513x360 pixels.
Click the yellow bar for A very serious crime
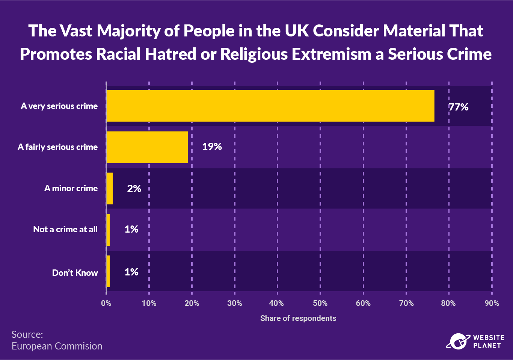click(270, 106)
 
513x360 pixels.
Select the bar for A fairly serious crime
click(147, 147)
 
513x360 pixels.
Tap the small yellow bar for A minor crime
click(110, 188)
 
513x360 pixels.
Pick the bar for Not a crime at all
click(108, 230)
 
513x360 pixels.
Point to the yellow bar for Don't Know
click(108, 271)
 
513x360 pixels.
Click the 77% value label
click(459, 107)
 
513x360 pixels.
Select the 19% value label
click(212, 147)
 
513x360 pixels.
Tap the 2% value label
click(134, 189)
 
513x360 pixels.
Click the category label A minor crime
click(71, 188)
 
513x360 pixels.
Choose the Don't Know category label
click(75, 273)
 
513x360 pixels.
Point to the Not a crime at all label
click(65, 229)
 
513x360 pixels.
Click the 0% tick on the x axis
click(106, 303)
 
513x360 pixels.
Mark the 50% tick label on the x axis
click(320, 303)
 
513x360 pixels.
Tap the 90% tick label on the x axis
click(492, 303)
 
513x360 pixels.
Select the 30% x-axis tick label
click(234, 303)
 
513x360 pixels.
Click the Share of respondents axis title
click(298, 318)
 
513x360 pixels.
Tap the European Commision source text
click(57, 346)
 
